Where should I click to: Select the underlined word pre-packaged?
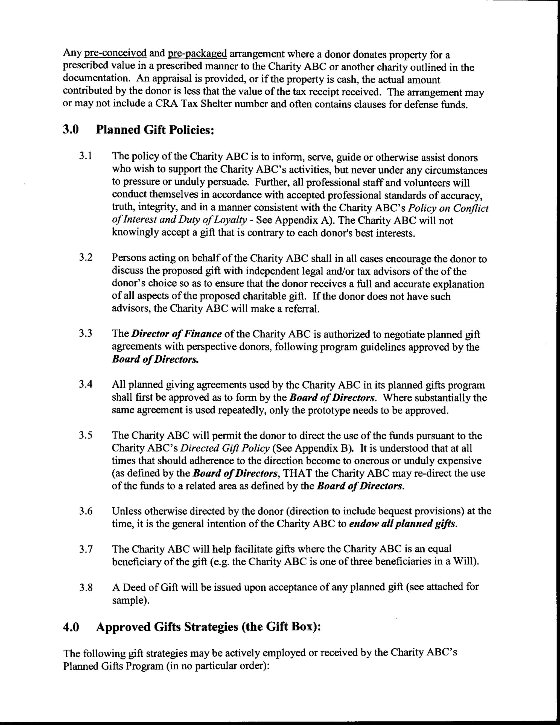click(x=197, y=53)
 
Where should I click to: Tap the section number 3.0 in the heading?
click(x=71, y=129)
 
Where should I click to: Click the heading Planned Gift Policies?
click(x=155, y=130)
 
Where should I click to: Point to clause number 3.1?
click(x=86, y=156)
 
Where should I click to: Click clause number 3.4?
click(x=86, y=385)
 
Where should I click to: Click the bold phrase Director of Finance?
click(x=176, y=334)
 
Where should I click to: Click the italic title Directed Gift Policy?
click(x=225, y=448)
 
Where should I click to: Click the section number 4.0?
click(x=71, y=627)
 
